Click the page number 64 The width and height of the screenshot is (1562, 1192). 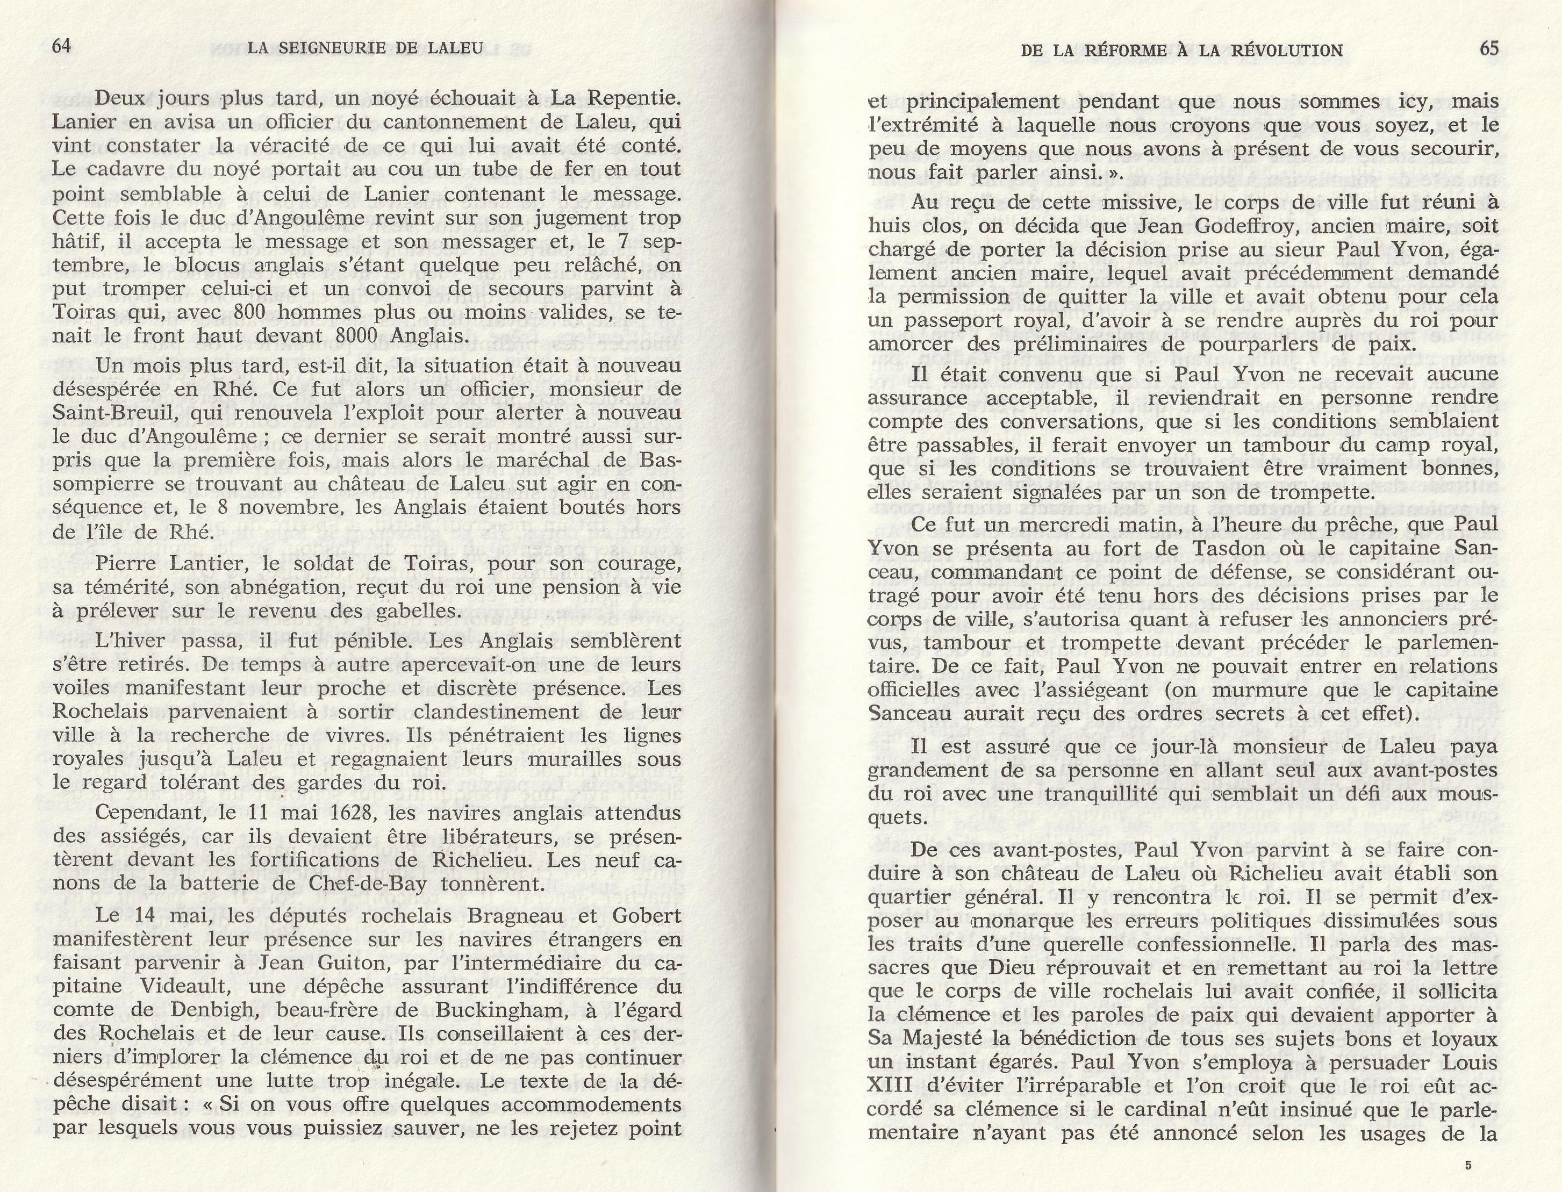pos(62,47)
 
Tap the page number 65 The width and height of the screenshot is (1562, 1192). pos(1489,48)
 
